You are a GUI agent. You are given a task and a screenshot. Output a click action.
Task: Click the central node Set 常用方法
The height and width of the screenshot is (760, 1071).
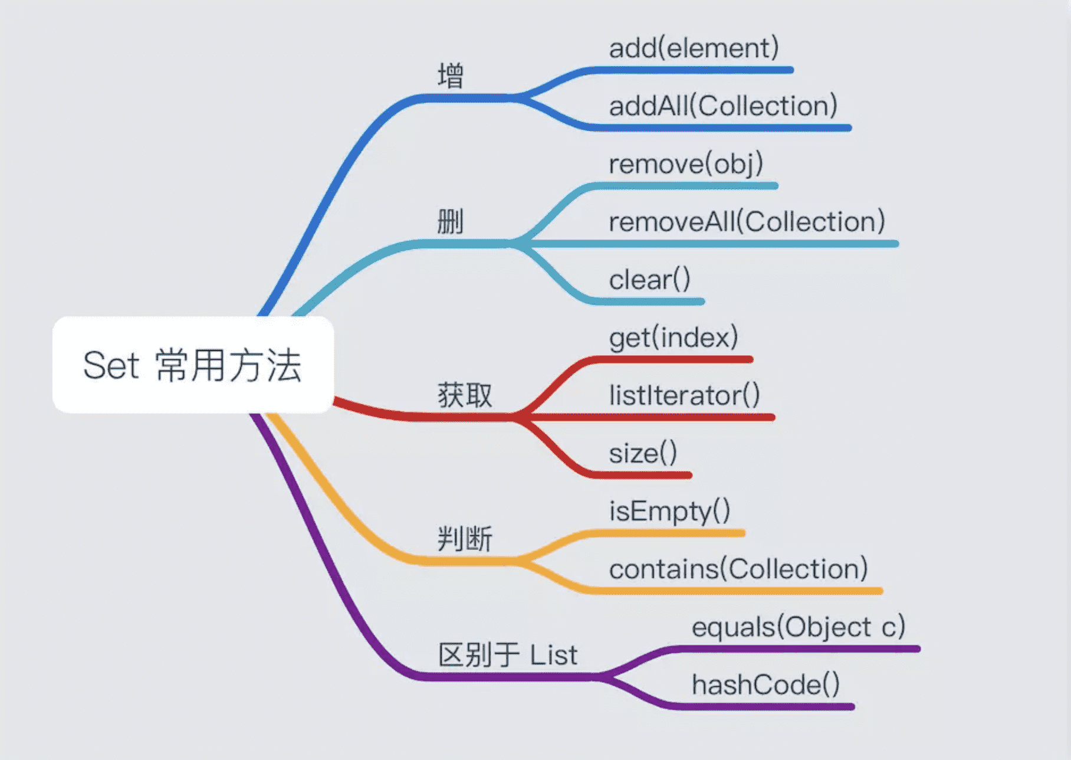click(193, 365)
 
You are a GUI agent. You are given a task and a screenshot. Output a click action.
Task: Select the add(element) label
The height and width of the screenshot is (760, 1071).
click(694, 48)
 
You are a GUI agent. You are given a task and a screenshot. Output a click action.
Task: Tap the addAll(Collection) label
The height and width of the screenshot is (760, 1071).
click(723, 106)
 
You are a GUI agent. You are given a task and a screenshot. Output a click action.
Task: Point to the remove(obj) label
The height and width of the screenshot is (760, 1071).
click(686, 164)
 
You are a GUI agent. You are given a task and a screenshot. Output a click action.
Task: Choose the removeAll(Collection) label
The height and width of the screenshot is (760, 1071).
click(747, 222)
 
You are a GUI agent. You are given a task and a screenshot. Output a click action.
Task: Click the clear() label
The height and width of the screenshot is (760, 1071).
click(649, 280)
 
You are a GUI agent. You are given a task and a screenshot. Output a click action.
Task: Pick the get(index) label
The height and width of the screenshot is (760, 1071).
click(674, 338)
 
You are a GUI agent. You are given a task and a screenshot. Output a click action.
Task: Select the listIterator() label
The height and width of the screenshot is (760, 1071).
click(684, 395)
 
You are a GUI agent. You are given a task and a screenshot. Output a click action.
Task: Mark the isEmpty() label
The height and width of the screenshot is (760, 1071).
click(669, 511)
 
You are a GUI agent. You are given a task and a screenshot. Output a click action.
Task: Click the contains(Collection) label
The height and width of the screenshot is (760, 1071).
click(738, 569)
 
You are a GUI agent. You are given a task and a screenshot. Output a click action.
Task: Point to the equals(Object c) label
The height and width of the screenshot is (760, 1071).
click(798, 627)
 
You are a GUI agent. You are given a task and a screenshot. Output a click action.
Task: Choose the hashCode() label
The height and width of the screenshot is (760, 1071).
click(766, 684)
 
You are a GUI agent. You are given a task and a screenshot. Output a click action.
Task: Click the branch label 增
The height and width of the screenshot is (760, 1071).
click(451, 76)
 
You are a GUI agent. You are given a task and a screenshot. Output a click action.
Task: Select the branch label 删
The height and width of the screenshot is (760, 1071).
click(451, 222)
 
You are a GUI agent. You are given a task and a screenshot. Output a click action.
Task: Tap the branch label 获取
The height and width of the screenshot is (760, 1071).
click(465, 395)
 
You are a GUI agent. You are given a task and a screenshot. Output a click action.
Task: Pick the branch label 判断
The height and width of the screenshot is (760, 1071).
click(465, 539)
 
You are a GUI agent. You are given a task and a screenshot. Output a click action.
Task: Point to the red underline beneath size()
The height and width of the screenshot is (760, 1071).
click(643, 475)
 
